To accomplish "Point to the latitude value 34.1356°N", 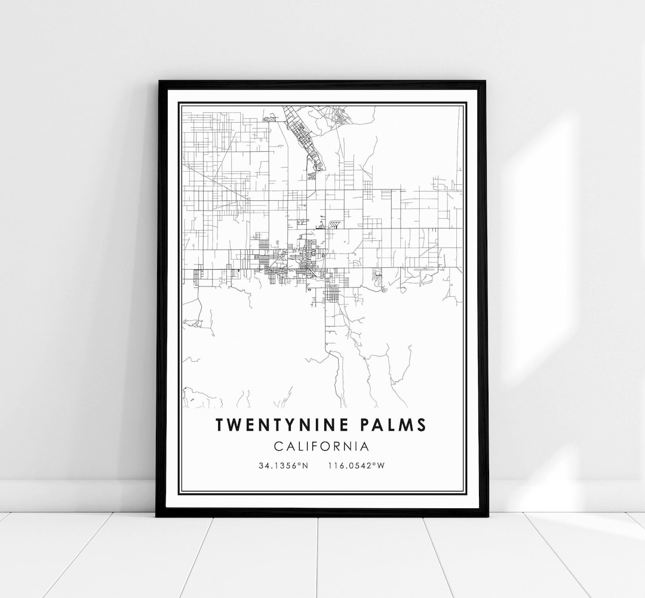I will pyautogui.click(x=284, y=465).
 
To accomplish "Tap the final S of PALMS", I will pyautogui.click(x=422, y=425).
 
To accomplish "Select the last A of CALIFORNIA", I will pyautogui.click(x=364, y=446).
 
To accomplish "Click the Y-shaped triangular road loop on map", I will pyautogui.click(x=334, y=225).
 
